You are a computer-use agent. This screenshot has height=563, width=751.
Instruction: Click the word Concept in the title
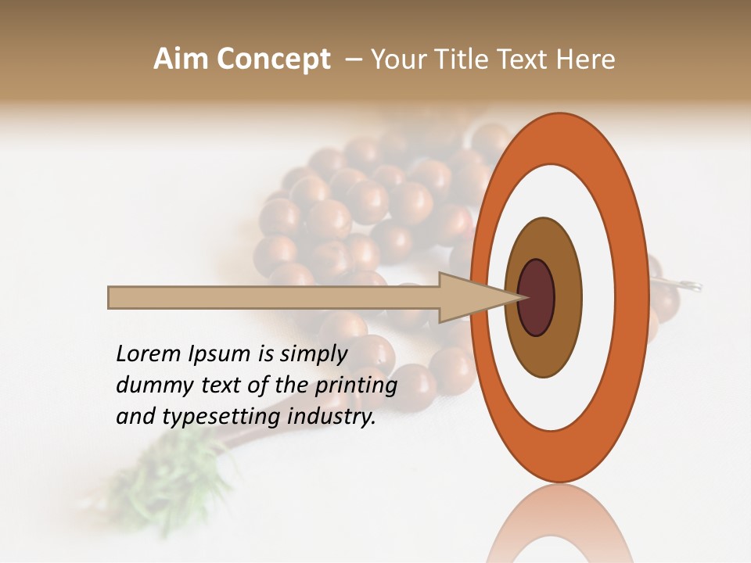[x=273, y=59]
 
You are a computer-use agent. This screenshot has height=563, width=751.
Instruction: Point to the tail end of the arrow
[x=112, y=297]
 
